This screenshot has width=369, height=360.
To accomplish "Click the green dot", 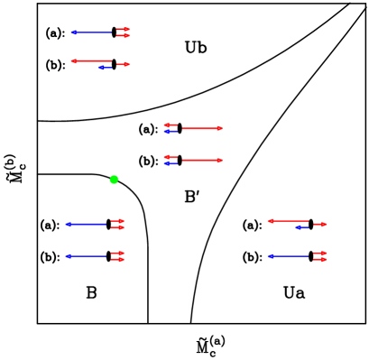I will [114, 180].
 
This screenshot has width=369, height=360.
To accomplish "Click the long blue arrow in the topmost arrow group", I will [90, 32].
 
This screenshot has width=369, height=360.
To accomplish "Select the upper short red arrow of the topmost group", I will [124, 29].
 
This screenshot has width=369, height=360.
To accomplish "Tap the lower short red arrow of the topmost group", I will [124, 36].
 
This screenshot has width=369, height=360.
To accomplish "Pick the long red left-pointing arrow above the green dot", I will [91, 61].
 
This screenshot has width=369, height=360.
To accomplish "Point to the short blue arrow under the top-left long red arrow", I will [105, 68].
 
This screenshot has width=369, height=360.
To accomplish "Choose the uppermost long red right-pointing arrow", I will [202, 128].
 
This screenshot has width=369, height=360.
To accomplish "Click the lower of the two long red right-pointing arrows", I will [202, 161].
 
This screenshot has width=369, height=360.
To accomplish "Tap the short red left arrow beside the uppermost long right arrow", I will [171, 125].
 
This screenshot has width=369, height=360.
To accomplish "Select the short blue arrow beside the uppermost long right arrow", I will [171, 132].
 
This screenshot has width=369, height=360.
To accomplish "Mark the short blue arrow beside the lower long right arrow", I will [171, 164].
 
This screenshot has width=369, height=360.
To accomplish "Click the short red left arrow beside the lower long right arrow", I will [171, 157].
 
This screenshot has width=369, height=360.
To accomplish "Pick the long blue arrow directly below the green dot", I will [86, 224].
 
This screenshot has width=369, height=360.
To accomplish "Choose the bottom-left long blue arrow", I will [86, 256].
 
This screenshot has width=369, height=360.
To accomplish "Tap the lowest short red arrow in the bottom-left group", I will [117, 260].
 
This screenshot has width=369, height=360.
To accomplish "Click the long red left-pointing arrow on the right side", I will [288, 221].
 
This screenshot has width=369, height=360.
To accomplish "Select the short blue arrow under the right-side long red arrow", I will [302, 227].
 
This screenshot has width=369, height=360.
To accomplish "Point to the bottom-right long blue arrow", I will [288, 256].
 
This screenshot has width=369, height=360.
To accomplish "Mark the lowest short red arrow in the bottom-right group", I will [320, 260].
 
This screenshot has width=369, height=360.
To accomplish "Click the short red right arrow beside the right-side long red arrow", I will [320, 224].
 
